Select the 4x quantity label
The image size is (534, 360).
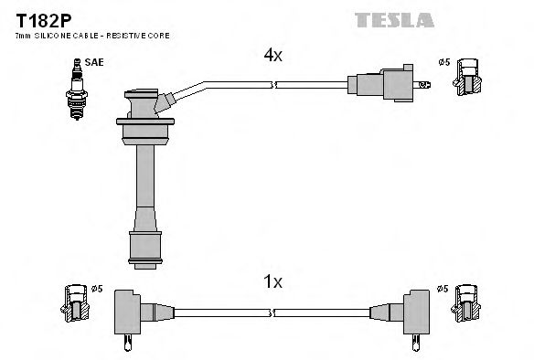pyautogui.click(x=272, y=56)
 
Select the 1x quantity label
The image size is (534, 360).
pyautogui.click(x=272, y=282)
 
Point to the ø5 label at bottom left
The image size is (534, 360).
pyautogui.click(x=97, y=290)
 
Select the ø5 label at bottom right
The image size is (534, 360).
pyautogui.click(x=443, y=290)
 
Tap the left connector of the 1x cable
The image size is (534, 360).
pyautogui.click(x=133, y=312)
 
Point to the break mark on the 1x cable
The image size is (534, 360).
pyautogui.click(x=272, y=312)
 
